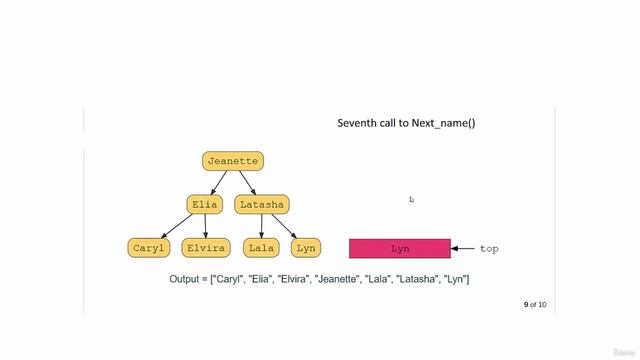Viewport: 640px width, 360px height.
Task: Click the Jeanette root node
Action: tap(233, 160)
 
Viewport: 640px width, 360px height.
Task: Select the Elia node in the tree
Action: tap(204, 204)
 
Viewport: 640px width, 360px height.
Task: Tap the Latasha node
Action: tap(262, 204)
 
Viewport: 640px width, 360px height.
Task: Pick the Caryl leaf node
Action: tap(150, 247)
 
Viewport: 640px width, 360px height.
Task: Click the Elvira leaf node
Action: tap(206, 247)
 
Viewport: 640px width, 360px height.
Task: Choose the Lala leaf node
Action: tap(261, 247)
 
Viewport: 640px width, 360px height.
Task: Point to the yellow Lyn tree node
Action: tap(306, 247)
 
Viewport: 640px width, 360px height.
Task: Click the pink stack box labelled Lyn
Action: tap(400, 248)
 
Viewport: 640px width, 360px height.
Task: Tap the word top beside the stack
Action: tap(489, 248)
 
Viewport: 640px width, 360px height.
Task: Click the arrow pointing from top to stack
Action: tap(464, 248)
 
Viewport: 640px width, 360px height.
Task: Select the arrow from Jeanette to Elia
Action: tap(217, 182)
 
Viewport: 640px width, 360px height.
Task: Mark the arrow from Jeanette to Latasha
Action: tap(248, 182)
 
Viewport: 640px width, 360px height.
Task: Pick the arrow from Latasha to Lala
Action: tap(261, 225)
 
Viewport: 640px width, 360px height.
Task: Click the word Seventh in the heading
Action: tap(360, 123)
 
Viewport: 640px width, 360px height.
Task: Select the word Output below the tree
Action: tap(190, 278)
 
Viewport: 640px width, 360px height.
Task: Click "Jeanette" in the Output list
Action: tap(340, 278)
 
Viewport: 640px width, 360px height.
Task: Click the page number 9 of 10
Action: tap(535, 304)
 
